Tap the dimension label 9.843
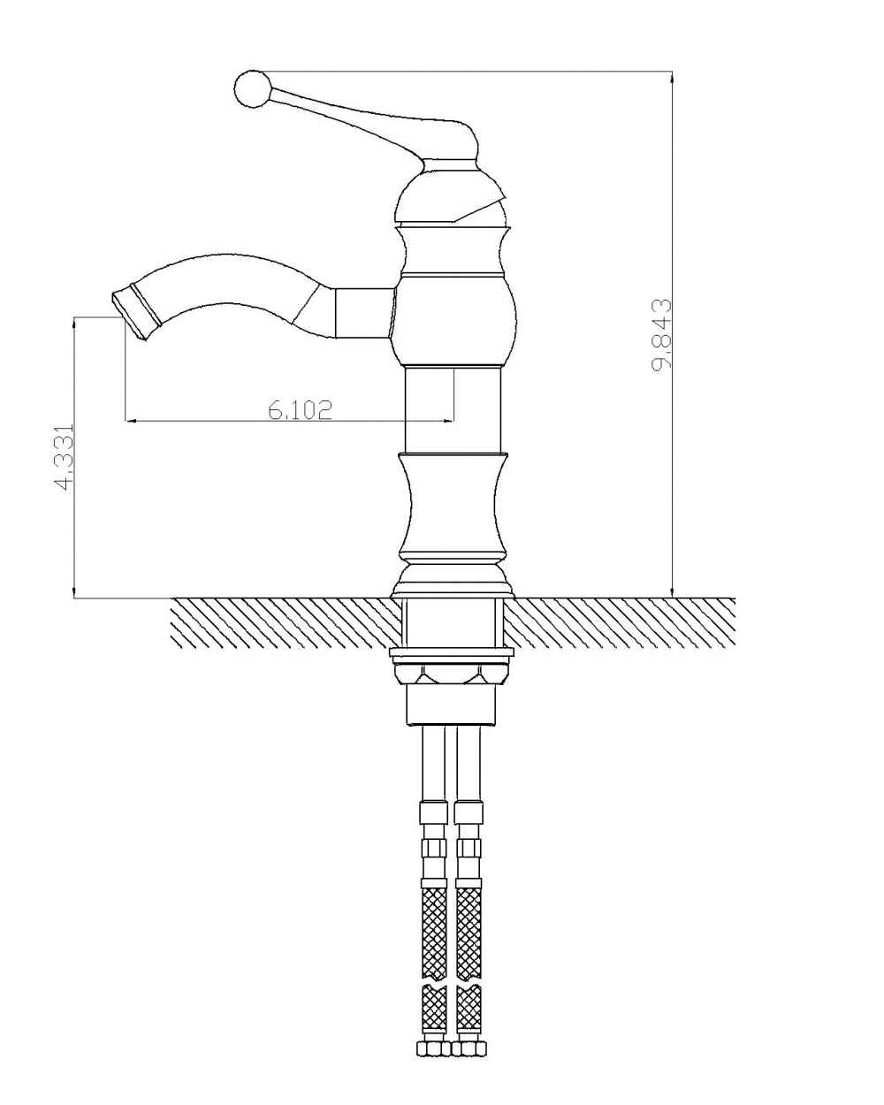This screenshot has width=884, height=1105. (661, 335)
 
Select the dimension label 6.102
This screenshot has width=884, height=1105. (301, 409)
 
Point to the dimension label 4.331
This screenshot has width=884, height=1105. (65, 456)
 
